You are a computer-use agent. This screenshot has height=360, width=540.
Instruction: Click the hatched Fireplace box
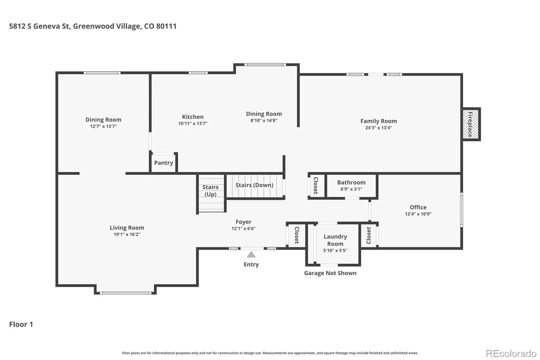point(470,124)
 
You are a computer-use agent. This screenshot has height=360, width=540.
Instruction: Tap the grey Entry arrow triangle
point(251,255)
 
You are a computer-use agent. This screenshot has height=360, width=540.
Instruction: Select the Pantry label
point(163,163)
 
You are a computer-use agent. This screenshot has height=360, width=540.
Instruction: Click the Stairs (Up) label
point(211,190)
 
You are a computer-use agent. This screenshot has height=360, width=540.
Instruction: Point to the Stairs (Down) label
point(254,185)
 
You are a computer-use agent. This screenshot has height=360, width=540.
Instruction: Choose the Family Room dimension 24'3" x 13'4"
point(378,128)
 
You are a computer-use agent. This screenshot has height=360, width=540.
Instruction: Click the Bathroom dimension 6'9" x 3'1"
point(351,189)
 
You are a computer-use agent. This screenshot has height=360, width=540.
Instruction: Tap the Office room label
point(418,207)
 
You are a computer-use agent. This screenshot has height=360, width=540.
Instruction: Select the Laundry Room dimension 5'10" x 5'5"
point(335,251)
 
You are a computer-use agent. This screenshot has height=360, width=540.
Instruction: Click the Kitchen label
point(193,117)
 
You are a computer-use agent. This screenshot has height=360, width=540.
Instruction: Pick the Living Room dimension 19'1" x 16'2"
point(127,234)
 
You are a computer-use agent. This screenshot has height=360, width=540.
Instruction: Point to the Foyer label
point(243,222)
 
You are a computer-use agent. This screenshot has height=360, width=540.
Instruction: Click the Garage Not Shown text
point(330,273)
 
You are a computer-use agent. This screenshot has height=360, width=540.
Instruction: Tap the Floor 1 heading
point(21,324)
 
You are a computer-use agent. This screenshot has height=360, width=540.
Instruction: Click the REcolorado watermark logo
point(511,354)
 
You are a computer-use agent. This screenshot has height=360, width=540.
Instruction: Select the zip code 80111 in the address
point(166,26)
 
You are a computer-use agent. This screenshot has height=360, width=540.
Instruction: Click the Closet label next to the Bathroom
point(316,185)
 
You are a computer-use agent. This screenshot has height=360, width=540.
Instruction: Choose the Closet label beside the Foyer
point(297,235)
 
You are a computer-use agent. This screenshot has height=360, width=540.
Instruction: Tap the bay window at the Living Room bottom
point(126,293)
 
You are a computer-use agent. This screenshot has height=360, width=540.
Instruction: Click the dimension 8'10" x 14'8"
point(264,121)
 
